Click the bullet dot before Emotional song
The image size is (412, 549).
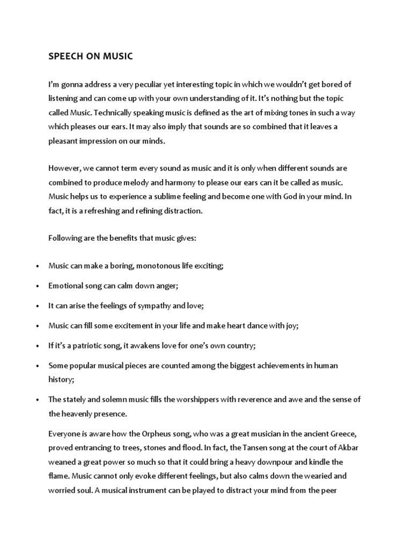pos(36,286)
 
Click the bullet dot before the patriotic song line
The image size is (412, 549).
pos(36,346)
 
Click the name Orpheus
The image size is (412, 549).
pos(160,434)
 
